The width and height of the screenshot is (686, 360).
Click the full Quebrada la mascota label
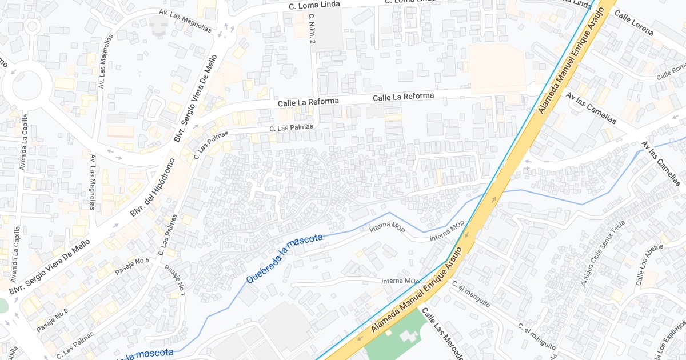[x=284, y=259]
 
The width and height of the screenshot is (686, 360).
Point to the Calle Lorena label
[x=633, y=22]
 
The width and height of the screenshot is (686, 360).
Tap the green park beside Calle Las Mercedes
[x=394, y=337]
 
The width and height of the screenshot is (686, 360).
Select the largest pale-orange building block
[x=497, y=69]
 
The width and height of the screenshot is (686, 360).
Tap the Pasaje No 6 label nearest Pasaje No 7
[x=132, y=266]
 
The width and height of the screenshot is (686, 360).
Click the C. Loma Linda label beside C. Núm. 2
[x=314, y=5]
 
